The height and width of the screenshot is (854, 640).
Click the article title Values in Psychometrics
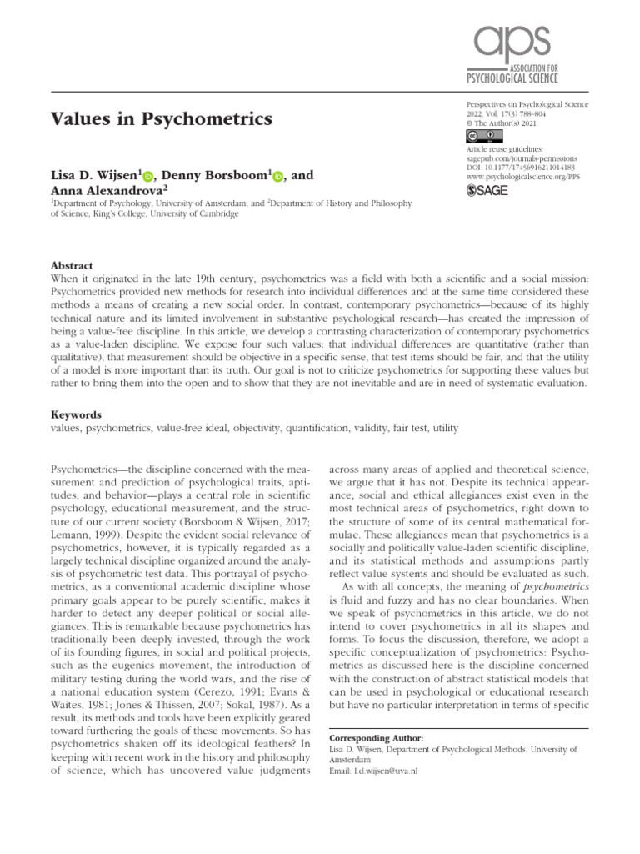coord(162,119)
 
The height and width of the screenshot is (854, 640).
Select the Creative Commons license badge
coord(482,136)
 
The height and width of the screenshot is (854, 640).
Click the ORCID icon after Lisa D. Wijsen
coord(149,176)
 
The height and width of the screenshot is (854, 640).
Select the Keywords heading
coord(76,414)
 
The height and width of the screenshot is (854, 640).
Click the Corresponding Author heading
coord(377,739)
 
